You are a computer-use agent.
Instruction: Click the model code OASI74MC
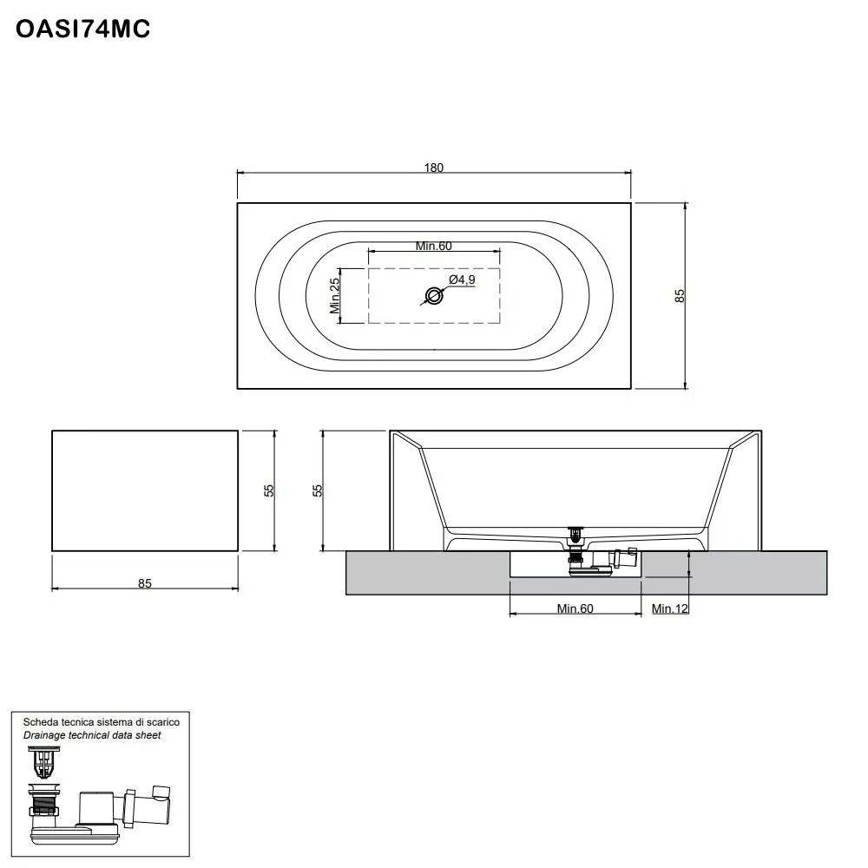83,29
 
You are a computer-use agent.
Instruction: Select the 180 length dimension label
434,168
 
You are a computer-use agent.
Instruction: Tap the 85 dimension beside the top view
681,295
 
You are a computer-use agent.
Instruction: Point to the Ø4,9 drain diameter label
462,279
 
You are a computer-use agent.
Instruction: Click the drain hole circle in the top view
434,296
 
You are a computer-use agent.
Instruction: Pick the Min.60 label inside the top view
433,246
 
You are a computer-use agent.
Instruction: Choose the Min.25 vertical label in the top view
334,295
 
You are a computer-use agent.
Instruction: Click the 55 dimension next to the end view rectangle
269,490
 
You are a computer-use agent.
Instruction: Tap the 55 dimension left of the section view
318,490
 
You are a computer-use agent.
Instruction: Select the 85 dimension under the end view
144,583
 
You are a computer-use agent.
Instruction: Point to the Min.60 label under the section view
575,608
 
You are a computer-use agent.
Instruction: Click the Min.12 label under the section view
670,608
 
